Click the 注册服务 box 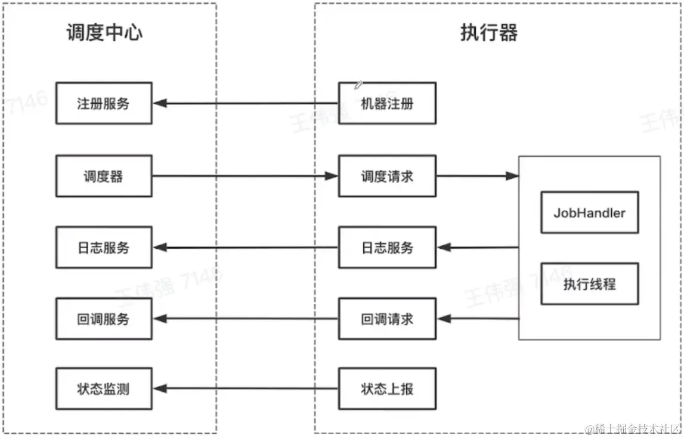tap(104, 103)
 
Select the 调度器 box tap(104, 176)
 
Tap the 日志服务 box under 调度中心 tap(104, 247)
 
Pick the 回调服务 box tap(104, 319)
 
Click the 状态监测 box tap(104, 389)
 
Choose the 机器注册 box tap(387, 103)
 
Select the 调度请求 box tap(387, 176)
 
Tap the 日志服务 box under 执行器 tap(387, 247)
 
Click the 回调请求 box tap(387, 319)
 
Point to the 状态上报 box tap(387, 389)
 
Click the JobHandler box tap(589, 212)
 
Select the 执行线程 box tap(589, 284)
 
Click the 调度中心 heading tap(104, 32)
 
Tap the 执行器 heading tap(489, 32)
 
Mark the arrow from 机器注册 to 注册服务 tap(244, 103)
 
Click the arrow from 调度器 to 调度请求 tap(244, 176)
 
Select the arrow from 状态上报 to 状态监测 tap(244, 389)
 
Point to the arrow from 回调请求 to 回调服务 tap(244, 319)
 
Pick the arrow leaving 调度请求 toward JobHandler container tap(477, 176)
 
